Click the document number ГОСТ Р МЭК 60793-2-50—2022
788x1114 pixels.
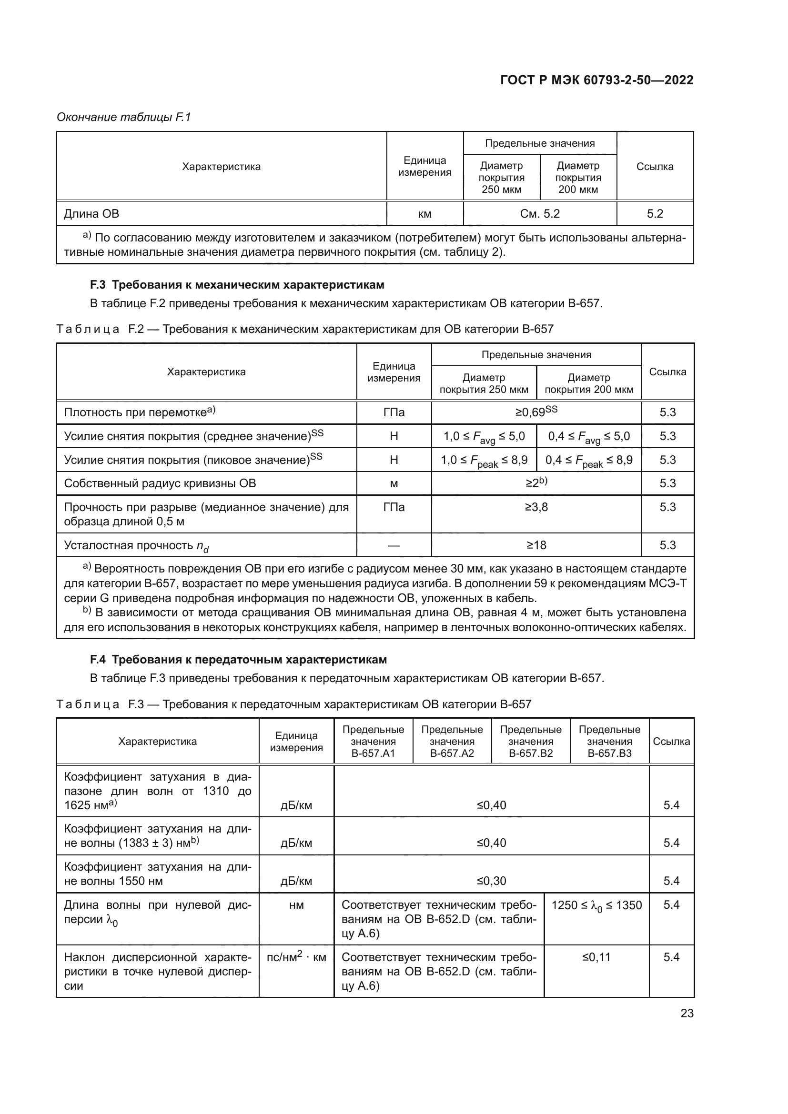[x=596, y=80]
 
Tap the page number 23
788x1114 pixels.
[x=687, y=1013]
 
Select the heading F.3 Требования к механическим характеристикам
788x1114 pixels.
[x=237, y=285]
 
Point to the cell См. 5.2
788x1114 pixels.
[x=540, y=214]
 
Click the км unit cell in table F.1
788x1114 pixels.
[x=424, y=214]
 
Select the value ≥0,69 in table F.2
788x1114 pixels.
[x=536, y=412]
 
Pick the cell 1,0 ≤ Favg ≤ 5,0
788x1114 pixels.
[x=484, y=436]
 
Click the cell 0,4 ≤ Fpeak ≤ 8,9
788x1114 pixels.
[x=588, y=460]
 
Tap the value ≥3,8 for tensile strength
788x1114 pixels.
[x=536, y=507]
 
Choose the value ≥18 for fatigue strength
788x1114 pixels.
[x=536, y=545]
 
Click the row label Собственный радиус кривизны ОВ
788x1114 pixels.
[x=160, y=483]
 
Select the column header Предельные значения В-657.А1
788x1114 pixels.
[x=373, y=742]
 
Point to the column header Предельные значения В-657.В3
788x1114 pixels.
[x=609, y=742]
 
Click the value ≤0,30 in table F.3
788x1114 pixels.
[x=491, y=881]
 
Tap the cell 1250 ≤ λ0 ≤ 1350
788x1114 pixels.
[x=596, y=905]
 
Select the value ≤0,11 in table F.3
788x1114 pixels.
[x=596, y=957]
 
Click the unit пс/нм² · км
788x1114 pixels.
[x=296, y=957]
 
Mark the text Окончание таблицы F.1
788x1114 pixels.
[x=124, y=117]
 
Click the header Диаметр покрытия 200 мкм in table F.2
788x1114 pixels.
[x=588, y=383]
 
